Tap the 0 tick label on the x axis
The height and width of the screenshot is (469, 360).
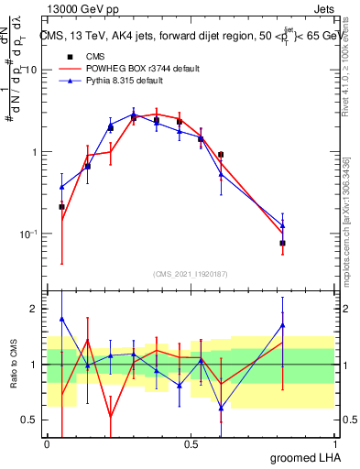(47, 444)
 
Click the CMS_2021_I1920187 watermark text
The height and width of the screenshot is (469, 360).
(190, 273)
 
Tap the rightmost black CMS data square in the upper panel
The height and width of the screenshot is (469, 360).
(283, 243)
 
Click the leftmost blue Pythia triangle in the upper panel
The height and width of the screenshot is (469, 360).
(61, 187)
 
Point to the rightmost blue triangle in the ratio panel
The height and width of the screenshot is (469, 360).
(283, 324)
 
